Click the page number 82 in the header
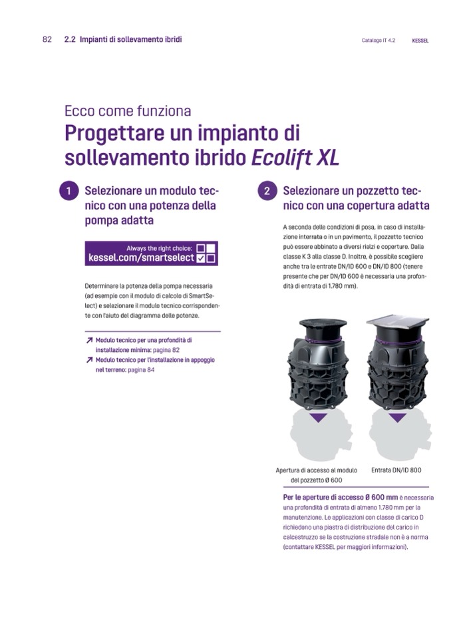[x=47, y=39]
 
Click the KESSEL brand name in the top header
[x=420, y=41]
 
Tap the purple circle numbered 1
[x=69, y=191]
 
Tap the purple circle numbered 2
[x=267, y=191]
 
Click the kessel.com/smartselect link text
[x=141, y=258]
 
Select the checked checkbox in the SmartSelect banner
[x=200, y=258]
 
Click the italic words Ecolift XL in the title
[x=295, y=158]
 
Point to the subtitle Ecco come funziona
[x=128, y=110]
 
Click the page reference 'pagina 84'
[x=141, y=370]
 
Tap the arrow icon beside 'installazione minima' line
[x=89, y=340]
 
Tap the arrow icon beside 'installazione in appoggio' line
[x=89, y=360]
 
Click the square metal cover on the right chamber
[x=398, y=321]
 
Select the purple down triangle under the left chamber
[x=318, y=418]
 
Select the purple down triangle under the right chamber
[x=397, y=418]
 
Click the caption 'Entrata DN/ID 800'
[x=396, y=470]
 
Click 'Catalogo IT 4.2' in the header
[x=378, y=41]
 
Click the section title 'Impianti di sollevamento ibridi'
[x=130, y=39]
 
